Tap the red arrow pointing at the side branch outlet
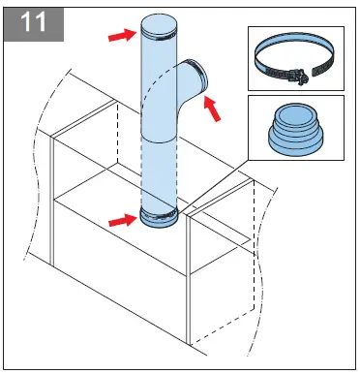[223, 111]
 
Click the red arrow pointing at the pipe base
[121, 220]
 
